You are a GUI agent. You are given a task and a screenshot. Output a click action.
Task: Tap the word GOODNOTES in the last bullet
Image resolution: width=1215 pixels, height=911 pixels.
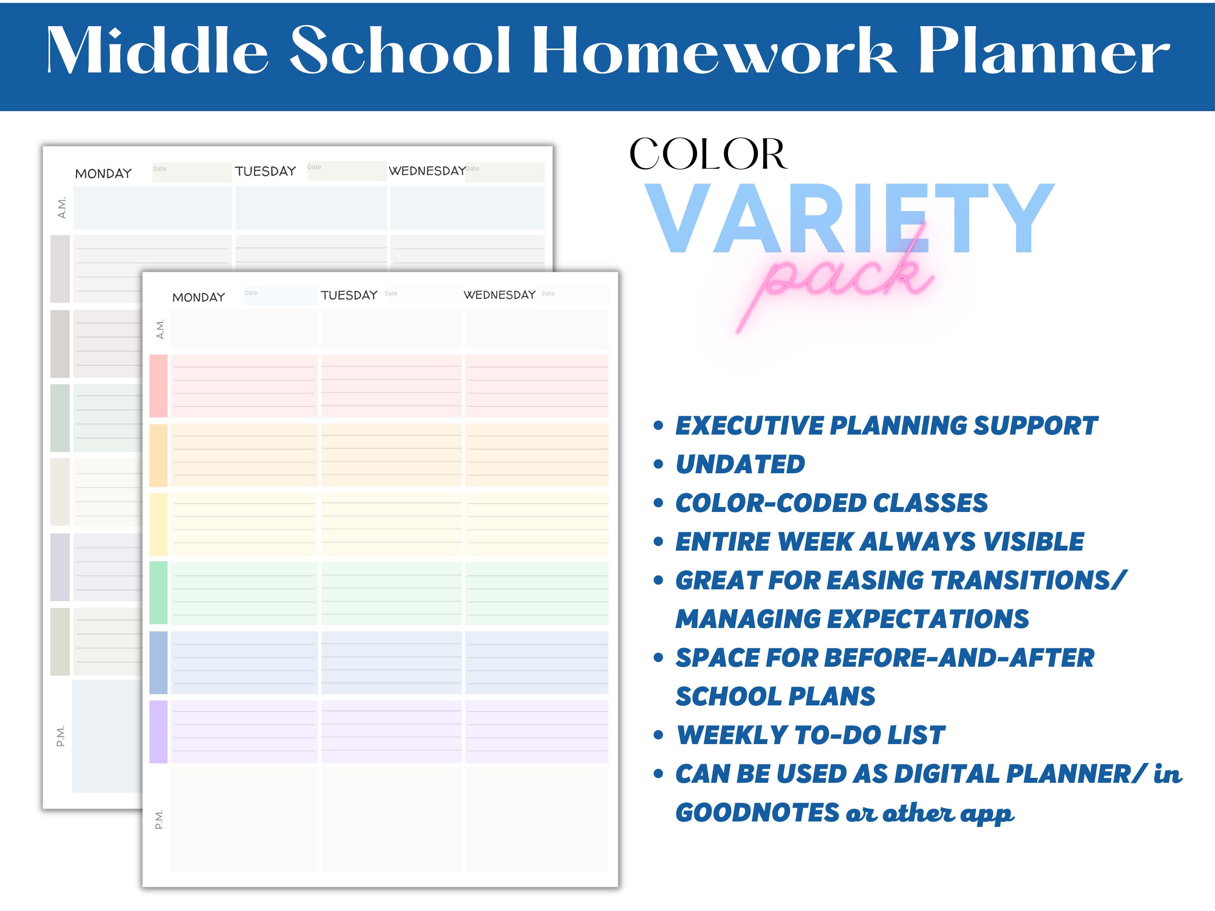tap(757, 813)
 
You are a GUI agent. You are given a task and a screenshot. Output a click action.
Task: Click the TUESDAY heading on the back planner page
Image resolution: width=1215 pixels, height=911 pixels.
tap(265, 171)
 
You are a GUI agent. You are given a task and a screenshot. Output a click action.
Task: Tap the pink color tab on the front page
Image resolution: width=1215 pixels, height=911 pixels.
tap(158, 386)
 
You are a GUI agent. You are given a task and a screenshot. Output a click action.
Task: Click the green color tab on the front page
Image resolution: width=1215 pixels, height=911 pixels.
tap(158, 592)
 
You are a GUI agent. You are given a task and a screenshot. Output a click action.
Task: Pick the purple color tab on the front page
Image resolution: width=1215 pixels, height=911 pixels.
tap(158, 731)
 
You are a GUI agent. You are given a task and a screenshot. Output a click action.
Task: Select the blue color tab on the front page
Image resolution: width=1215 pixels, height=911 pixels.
tap(158, 662)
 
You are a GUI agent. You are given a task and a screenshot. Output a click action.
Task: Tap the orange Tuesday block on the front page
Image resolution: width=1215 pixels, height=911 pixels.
tap(391, 455)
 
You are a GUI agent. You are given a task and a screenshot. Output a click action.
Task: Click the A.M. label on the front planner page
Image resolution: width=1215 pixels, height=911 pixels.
tap(160, 329)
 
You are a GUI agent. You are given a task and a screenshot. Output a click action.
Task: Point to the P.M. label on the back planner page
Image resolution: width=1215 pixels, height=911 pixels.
tap(60, 736)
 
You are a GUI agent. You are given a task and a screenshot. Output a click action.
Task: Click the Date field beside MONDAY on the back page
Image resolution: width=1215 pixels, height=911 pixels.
tap(191, 171)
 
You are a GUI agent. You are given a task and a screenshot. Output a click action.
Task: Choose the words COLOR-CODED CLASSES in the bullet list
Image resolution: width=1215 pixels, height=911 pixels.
tap(831, 503)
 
